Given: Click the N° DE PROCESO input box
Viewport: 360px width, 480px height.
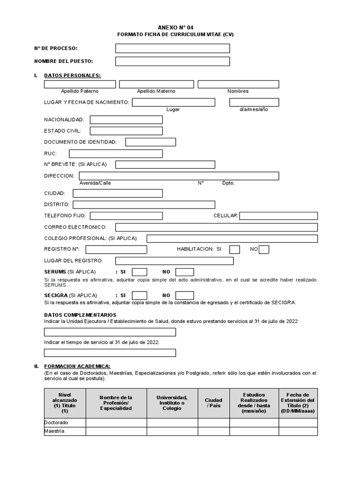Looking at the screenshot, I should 172,48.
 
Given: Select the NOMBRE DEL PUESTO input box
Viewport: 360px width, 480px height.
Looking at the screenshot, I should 172,61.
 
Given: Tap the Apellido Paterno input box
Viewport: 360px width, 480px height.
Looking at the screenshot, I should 80,84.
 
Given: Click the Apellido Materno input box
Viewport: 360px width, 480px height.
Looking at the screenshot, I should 156,84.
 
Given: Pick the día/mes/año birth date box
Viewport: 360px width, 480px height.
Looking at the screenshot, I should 254,102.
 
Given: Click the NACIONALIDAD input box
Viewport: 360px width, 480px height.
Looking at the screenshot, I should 126,120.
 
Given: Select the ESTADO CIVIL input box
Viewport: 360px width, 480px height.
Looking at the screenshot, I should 126,131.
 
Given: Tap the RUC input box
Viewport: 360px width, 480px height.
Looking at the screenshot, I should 116,153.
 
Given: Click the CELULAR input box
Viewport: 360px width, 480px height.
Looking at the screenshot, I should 278,216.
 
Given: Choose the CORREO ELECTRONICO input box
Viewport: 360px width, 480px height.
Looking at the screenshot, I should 216,227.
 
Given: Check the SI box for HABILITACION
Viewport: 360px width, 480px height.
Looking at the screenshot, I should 235,249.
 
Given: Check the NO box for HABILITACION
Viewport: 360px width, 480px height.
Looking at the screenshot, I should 264,249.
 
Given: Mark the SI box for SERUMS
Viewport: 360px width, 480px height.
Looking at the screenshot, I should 140,272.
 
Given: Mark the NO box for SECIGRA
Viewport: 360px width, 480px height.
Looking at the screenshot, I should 185,295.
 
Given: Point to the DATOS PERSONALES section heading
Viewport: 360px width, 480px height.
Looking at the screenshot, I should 72,75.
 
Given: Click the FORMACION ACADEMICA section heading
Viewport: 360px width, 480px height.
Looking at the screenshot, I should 77,366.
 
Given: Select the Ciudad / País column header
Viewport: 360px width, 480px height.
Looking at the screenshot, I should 213,403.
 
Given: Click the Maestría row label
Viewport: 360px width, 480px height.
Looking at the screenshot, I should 54,431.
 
